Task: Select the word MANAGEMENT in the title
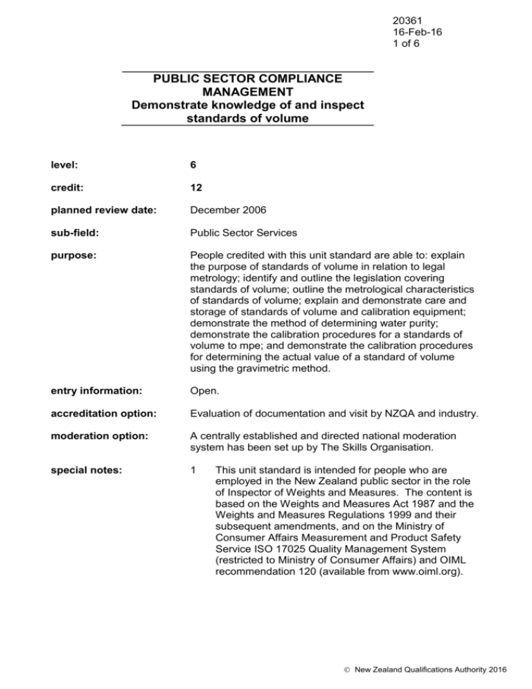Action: pos(247,92)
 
